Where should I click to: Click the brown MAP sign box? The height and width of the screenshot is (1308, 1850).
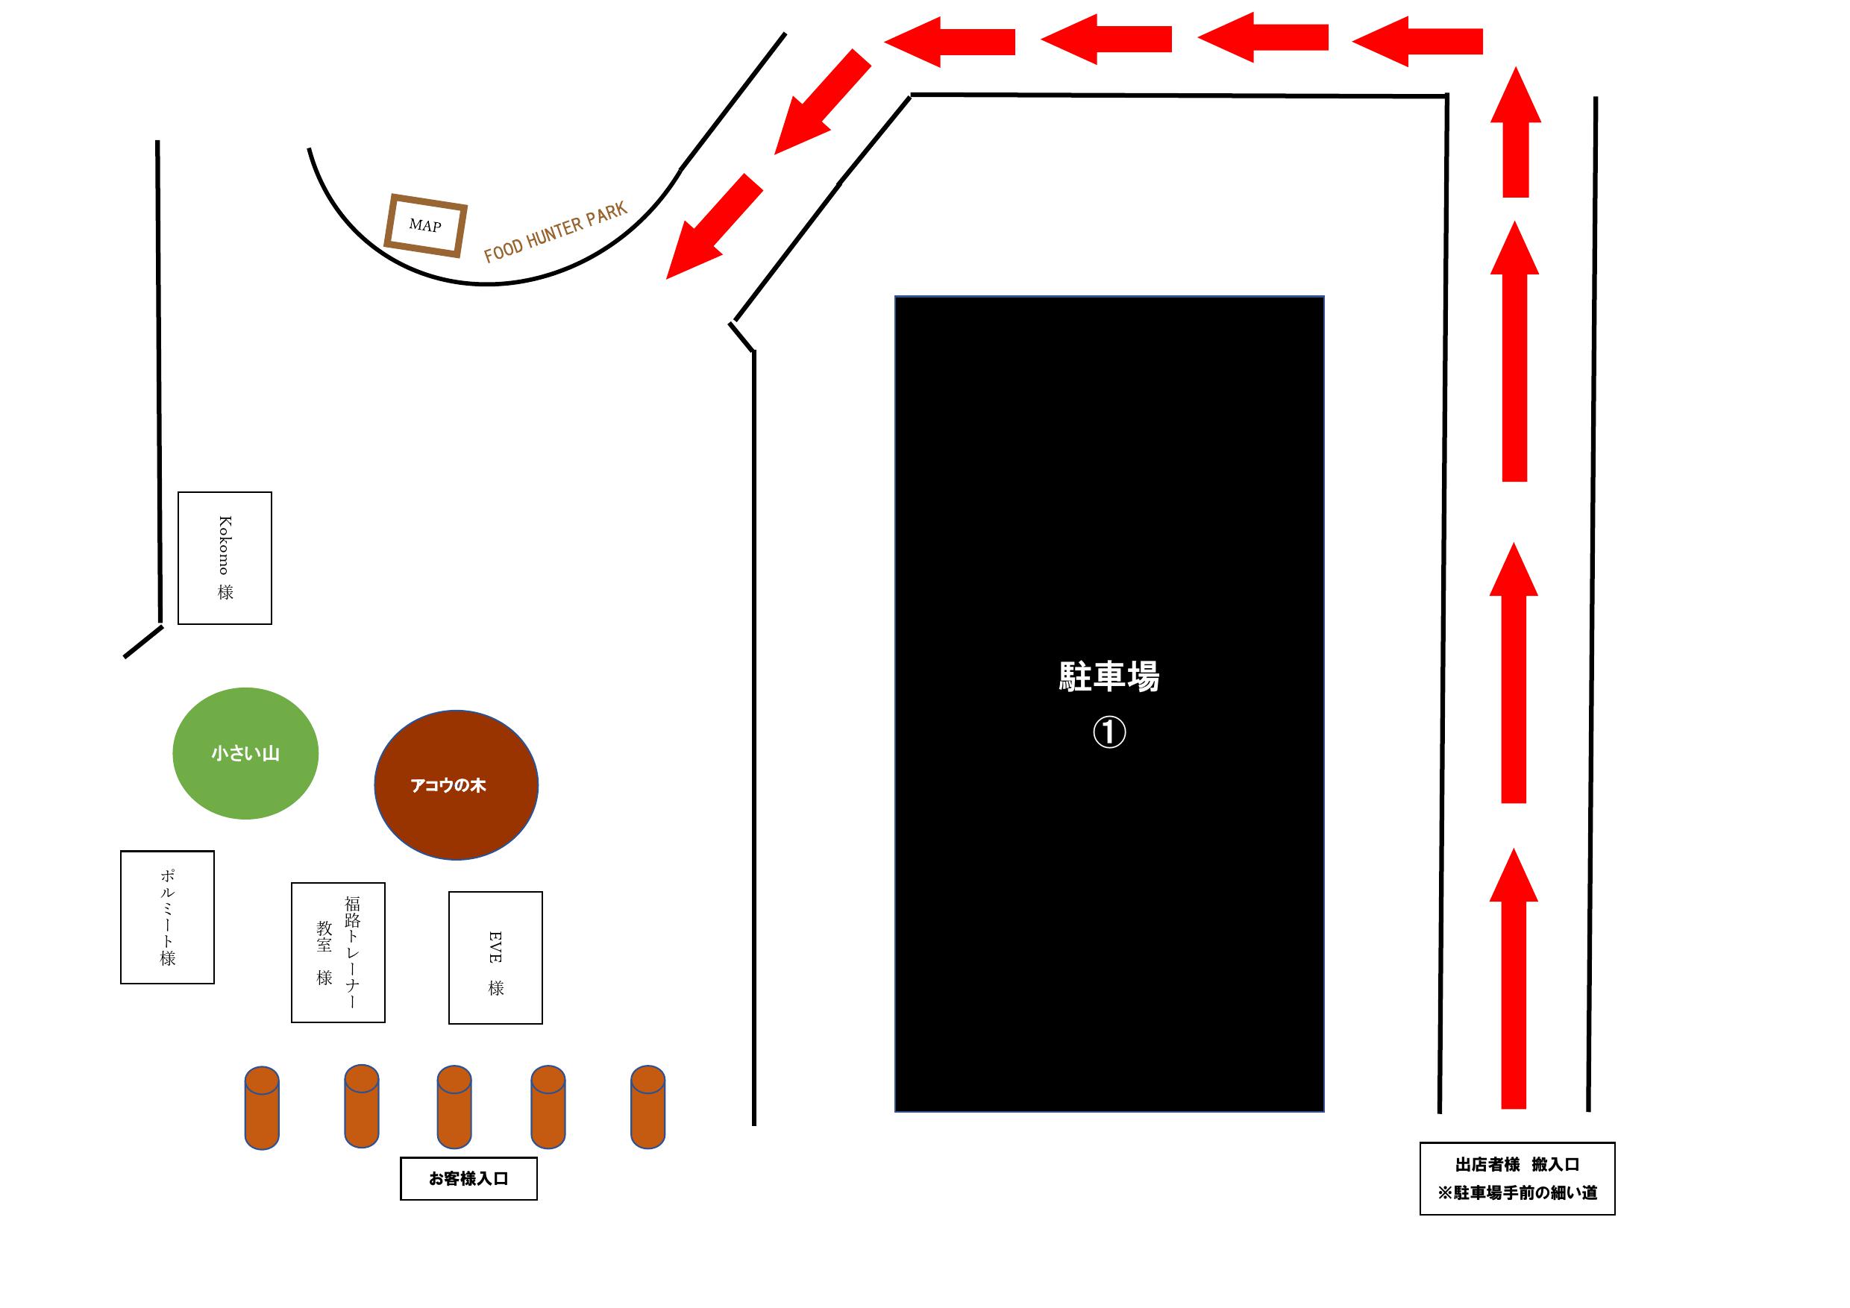425,225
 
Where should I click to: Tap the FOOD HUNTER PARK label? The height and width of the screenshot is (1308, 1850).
555,233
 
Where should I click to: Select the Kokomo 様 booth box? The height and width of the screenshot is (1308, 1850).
225,558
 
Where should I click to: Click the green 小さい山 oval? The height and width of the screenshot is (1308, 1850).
245,753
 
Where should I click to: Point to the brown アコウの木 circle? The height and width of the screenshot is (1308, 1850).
456,785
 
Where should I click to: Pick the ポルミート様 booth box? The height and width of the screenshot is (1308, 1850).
168,916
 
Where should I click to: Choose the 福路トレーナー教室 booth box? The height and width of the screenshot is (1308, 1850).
339,952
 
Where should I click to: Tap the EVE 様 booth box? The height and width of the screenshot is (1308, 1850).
495,958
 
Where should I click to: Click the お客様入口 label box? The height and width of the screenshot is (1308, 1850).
469,1178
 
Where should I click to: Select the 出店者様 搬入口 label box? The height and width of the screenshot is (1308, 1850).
1517,1178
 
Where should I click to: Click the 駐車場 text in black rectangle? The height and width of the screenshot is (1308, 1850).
1109,676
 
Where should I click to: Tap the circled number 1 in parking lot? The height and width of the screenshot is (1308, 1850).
1109,732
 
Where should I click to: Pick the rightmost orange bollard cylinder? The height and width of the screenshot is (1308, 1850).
647,1107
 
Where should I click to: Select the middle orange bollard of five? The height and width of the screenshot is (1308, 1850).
454,1107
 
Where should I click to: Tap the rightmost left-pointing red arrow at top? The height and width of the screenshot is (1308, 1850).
1418,41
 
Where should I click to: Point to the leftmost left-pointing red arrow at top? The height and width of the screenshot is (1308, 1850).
951,41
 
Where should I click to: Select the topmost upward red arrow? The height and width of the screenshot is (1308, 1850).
1516,133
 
